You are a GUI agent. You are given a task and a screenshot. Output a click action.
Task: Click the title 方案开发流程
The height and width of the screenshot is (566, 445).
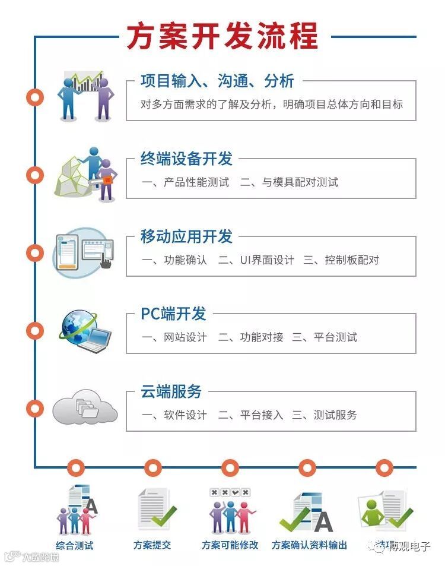point(223,36)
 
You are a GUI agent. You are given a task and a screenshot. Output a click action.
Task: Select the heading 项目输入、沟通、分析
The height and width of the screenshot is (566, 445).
point(217,81)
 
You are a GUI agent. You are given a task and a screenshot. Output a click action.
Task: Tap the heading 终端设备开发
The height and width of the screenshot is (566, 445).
point(186,159)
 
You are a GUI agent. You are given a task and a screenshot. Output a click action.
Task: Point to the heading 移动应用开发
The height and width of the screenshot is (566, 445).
point(186,236)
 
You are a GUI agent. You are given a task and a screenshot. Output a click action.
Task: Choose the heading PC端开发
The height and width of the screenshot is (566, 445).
point(173,314)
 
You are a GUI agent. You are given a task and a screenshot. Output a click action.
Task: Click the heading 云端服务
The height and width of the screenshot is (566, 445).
point(171,391)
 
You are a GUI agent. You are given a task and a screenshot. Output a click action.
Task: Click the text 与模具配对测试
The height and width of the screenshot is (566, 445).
point(300,182)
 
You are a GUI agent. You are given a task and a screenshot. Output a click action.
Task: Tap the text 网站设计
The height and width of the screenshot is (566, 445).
point(185,337)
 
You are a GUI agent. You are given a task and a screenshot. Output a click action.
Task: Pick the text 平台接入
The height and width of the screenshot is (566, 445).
point(262,415)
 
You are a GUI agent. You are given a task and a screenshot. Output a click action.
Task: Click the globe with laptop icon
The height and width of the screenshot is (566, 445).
point(85,330)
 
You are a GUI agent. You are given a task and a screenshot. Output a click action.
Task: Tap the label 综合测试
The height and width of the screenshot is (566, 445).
point(75,545)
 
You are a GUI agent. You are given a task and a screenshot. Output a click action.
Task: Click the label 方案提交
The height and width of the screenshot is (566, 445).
point(152,545)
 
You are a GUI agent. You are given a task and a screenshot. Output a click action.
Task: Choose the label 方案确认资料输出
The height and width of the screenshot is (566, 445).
point(309,545)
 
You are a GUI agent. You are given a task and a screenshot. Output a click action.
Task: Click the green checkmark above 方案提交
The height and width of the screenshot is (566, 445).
point(164,515)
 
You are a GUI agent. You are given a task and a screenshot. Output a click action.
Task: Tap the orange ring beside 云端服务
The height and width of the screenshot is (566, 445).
point(36,408)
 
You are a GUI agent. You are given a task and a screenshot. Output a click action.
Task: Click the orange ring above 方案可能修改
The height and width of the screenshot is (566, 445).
point(230,467)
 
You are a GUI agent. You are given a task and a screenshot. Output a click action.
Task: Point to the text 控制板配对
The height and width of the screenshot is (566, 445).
point(352,260)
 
